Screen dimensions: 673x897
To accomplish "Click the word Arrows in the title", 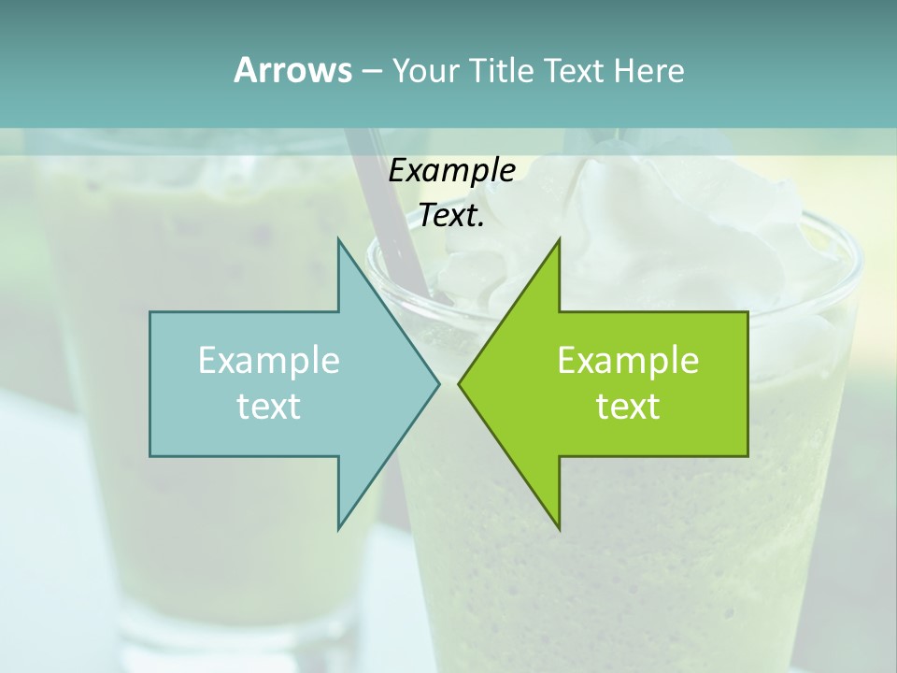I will tap(292, 70).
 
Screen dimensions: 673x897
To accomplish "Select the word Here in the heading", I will tap(649, 70).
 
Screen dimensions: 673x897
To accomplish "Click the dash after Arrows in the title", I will tap(371, 71).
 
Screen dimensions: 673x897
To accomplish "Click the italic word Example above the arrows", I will tap(451, 171).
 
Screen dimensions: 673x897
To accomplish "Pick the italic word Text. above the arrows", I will tap(451, 216).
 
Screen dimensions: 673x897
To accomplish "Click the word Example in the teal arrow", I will tap(269, 360).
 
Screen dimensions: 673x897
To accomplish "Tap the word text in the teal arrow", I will tap(269, 407).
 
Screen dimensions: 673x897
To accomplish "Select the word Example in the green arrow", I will tap(628, 360).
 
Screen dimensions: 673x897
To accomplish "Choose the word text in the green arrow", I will tap(628, 407).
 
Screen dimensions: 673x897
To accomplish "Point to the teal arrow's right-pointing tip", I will tap(437, 383).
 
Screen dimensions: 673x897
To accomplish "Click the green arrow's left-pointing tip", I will tap(461, 383).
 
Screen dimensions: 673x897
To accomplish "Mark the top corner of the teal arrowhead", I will tap(339, 240).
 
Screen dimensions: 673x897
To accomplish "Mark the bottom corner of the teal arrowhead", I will tap(339, 528).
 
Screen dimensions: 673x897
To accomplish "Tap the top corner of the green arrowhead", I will tap(558, 240).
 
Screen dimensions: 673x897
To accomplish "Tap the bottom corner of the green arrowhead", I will tap(558, 528).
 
